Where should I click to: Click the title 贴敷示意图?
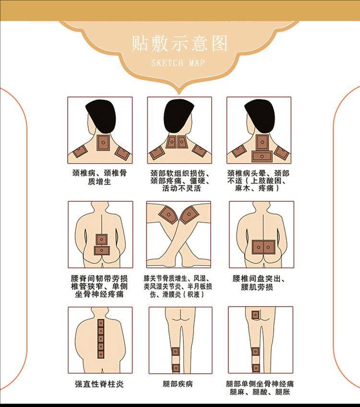pos(180,43)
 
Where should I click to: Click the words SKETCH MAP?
pos(178,63)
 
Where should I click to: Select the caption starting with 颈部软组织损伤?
pos(180,181)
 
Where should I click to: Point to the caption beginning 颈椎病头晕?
pos(259,181)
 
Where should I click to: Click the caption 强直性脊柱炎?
pos(100,384)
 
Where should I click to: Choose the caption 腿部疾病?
pos(179,384)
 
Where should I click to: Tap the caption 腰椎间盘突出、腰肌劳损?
pos(259,283)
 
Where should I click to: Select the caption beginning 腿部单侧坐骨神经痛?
pos(260,388)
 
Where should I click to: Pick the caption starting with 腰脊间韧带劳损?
pos(100,286)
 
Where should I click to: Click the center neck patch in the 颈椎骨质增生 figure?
pos(103,143)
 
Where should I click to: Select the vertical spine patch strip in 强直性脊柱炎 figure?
pos(101,339)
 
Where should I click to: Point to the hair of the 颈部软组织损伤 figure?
pos(179,115)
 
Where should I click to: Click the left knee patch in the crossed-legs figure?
pos(168,214)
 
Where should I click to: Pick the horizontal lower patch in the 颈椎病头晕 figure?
pos(262,156)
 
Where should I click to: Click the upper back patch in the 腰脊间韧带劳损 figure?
pos(102,239)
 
